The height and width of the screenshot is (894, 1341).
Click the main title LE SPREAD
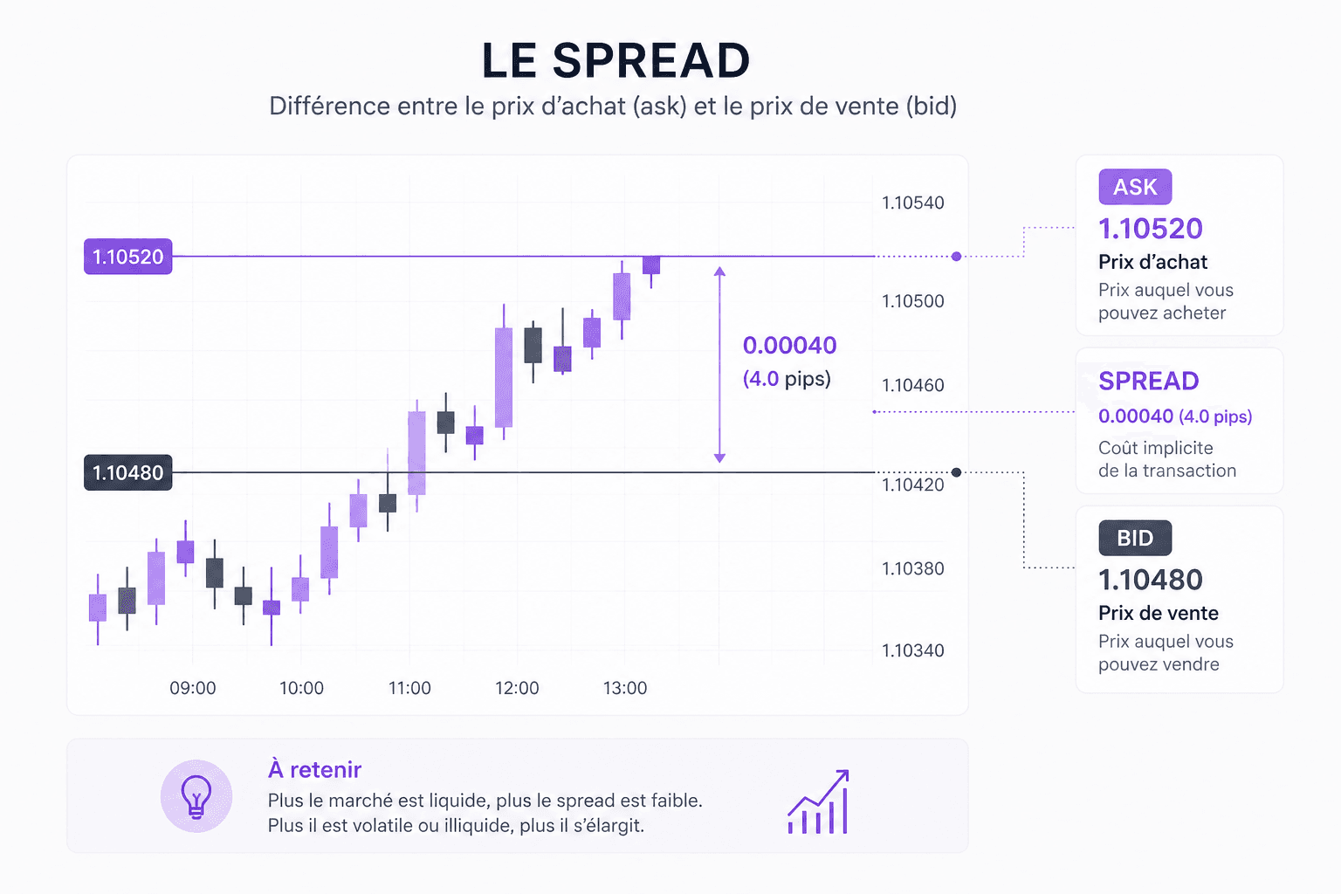tap(615, 61)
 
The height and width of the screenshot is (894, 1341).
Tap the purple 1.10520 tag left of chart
tap(128, 257)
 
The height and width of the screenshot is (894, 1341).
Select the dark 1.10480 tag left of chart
tap(128, 472)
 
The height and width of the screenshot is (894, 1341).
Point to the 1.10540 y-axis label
tap(912, 203)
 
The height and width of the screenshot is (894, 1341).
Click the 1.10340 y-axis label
tap(912, 650)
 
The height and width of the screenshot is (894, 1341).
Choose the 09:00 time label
tap(193, 688)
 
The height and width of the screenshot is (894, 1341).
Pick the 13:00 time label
tap(625, 688)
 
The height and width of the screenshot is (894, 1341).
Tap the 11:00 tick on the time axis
tap(409, 688)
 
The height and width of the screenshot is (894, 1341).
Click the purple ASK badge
tap(1135, 187)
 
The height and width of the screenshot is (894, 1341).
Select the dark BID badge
tap(1135, 538)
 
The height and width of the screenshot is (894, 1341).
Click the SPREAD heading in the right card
tap(1148, 382)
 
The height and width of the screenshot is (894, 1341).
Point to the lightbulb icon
tap(196, 795)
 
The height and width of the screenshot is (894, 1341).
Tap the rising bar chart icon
tap(818, 802)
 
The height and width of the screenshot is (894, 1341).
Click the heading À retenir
tap(314, 769)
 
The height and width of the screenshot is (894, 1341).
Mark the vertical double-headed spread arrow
tap(719, 364)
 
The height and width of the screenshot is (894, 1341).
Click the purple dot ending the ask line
tap(957, 257)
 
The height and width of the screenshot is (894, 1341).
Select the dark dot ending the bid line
tap(957, 472)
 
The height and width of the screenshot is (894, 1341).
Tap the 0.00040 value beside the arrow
tap(789, 346)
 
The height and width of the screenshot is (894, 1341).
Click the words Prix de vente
tap(1158, 613)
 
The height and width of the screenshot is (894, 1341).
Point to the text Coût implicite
tap(1155, 448)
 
